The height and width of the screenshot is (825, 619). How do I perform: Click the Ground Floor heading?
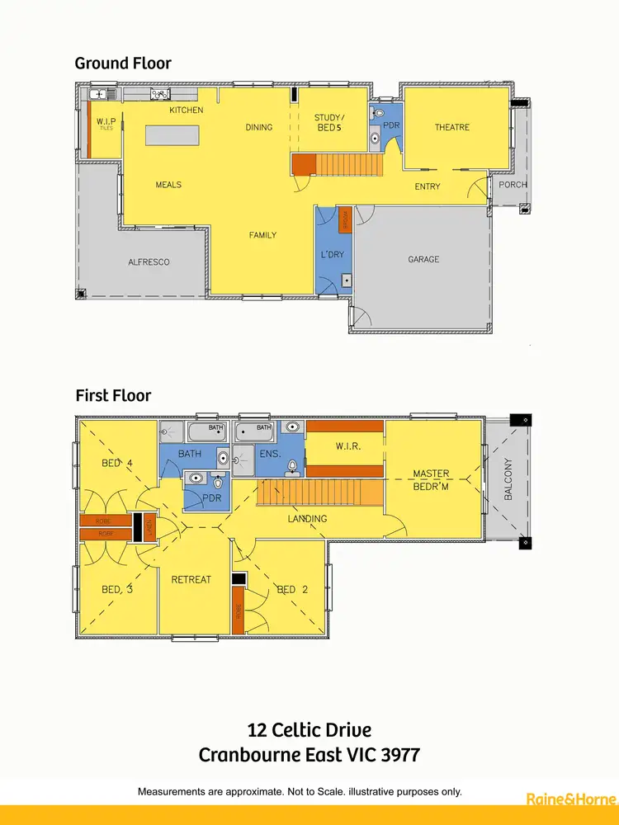point(123,63)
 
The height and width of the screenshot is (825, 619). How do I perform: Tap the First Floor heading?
point(113,396)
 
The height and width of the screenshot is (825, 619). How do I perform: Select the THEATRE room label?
point(452,127)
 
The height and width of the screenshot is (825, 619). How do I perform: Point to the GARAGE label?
point(423,259)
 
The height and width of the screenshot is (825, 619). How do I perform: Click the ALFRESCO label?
point(149,262)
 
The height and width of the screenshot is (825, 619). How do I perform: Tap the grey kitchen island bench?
point(172,135)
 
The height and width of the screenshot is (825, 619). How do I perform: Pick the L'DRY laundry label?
point(332,255)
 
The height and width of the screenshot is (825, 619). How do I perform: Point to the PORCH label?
point(513,184)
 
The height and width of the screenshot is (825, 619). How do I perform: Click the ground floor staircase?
point(338,165)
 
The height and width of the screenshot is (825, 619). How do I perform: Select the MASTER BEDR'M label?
point(432,478)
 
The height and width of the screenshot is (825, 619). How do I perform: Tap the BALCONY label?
point(508,478)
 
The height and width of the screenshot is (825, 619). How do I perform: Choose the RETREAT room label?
point(191,579)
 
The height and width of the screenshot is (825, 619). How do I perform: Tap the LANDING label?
point(307,518)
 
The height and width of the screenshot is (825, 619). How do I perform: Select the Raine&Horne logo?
point(570,799)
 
